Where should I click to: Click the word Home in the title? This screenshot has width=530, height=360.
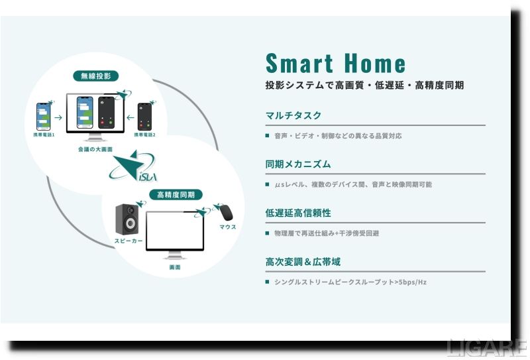(374, 64)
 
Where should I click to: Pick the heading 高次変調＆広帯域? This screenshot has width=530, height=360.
(303, 262)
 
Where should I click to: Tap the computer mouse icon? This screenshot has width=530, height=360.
(225, 212)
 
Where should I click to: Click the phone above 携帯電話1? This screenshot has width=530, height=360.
(44, 115)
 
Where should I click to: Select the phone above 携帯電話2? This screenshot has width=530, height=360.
(145, 117)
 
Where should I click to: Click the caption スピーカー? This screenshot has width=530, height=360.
(128, 241)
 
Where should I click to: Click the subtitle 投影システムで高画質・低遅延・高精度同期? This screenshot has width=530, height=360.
(364, 86)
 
